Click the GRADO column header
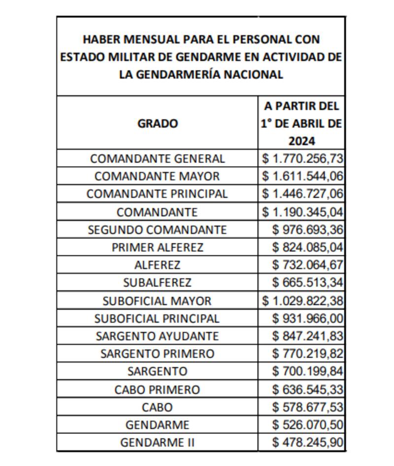tap(158, 124)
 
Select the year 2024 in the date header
tap(301, 141)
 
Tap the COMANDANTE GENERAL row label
tap(158, 159)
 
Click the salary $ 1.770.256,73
tap(302, 159)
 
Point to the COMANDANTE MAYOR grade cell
tap(157, 176)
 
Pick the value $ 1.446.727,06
tap(302, 194)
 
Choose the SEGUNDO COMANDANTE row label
tap(157, 230)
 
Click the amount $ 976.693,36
tap(307, 230)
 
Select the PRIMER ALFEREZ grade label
tap(157, 247)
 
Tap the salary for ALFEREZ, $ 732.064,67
tap(307, 265)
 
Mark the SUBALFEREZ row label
tap(157, 283)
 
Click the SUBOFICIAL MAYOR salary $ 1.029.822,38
tap(302, 300)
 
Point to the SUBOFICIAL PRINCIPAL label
tap(157, 319)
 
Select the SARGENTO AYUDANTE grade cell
tap(157, 336)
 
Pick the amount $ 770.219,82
tap(307, 354)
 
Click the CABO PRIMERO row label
tap(157, 390)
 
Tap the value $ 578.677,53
tap(307, 407)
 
